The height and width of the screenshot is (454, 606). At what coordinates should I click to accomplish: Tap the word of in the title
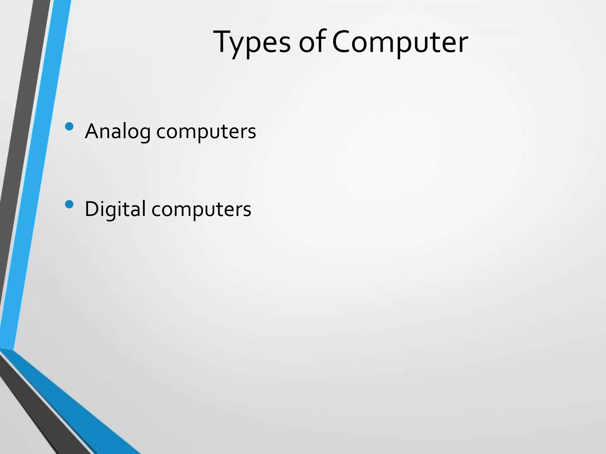coord(312,43)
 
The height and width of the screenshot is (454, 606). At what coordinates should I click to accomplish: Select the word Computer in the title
coord(400,43)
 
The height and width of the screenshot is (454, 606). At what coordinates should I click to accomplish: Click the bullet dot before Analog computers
coord(69,127)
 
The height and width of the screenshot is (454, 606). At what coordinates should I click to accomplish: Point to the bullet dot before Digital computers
coord(69,205)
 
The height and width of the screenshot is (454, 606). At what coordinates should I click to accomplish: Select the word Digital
coord(115,209)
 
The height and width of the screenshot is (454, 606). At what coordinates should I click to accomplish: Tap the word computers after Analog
coord(206,132)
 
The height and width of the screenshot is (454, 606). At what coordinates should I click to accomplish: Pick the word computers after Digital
coord(201,209)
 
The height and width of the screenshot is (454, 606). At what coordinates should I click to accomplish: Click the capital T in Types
coord(224,41)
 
